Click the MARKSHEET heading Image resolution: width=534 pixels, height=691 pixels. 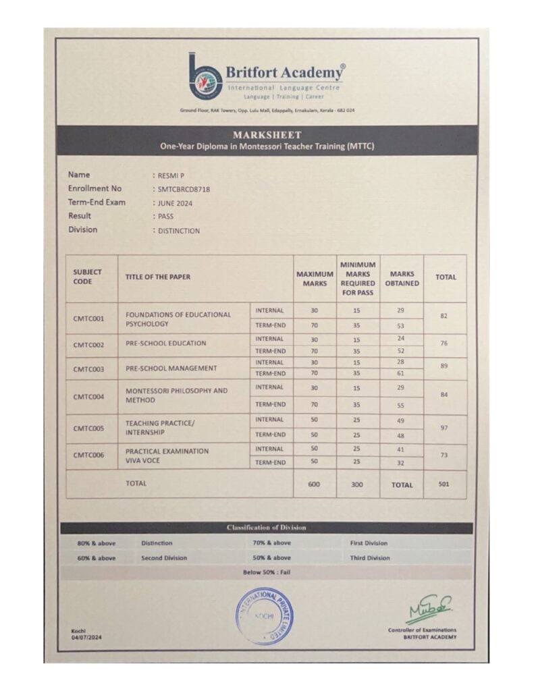point(267,135)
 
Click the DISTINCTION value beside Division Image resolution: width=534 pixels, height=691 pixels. point(179,231)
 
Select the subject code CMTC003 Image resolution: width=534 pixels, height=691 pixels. point(88,369)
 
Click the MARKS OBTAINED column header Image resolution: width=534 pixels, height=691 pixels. point(402,279)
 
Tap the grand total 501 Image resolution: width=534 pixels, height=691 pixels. point(444,484)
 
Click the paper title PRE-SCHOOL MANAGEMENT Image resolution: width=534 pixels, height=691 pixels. point(171,368)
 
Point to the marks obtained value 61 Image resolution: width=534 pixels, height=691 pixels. point(401,373)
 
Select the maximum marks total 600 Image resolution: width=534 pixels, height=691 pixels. point(314,484)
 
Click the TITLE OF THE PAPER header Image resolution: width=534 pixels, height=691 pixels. point(157,277)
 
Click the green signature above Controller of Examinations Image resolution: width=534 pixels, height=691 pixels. point(429,609)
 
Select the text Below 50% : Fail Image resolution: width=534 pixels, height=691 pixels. point(267,572)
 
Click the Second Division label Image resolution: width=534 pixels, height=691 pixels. point(164,558)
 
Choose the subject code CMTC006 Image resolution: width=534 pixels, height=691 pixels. point(88,455)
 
